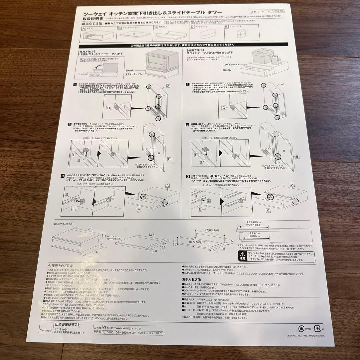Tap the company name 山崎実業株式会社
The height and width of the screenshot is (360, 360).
coord(69,324)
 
